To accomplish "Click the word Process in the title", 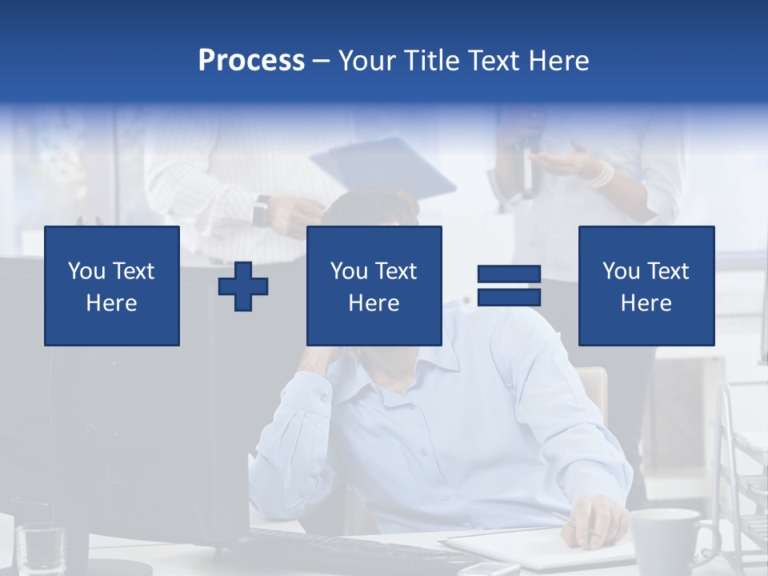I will [251, 61].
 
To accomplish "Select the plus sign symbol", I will [243, 286].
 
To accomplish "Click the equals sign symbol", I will [509, 286].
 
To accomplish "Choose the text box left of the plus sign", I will [112, 286].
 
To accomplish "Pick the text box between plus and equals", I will [374, 286].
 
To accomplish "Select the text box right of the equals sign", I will [646, 286].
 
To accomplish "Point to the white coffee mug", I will [666, 540].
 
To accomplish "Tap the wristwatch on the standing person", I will [260, 211].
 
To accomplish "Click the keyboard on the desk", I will [336, 548].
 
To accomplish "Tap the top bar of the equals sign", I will [509, 274].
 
